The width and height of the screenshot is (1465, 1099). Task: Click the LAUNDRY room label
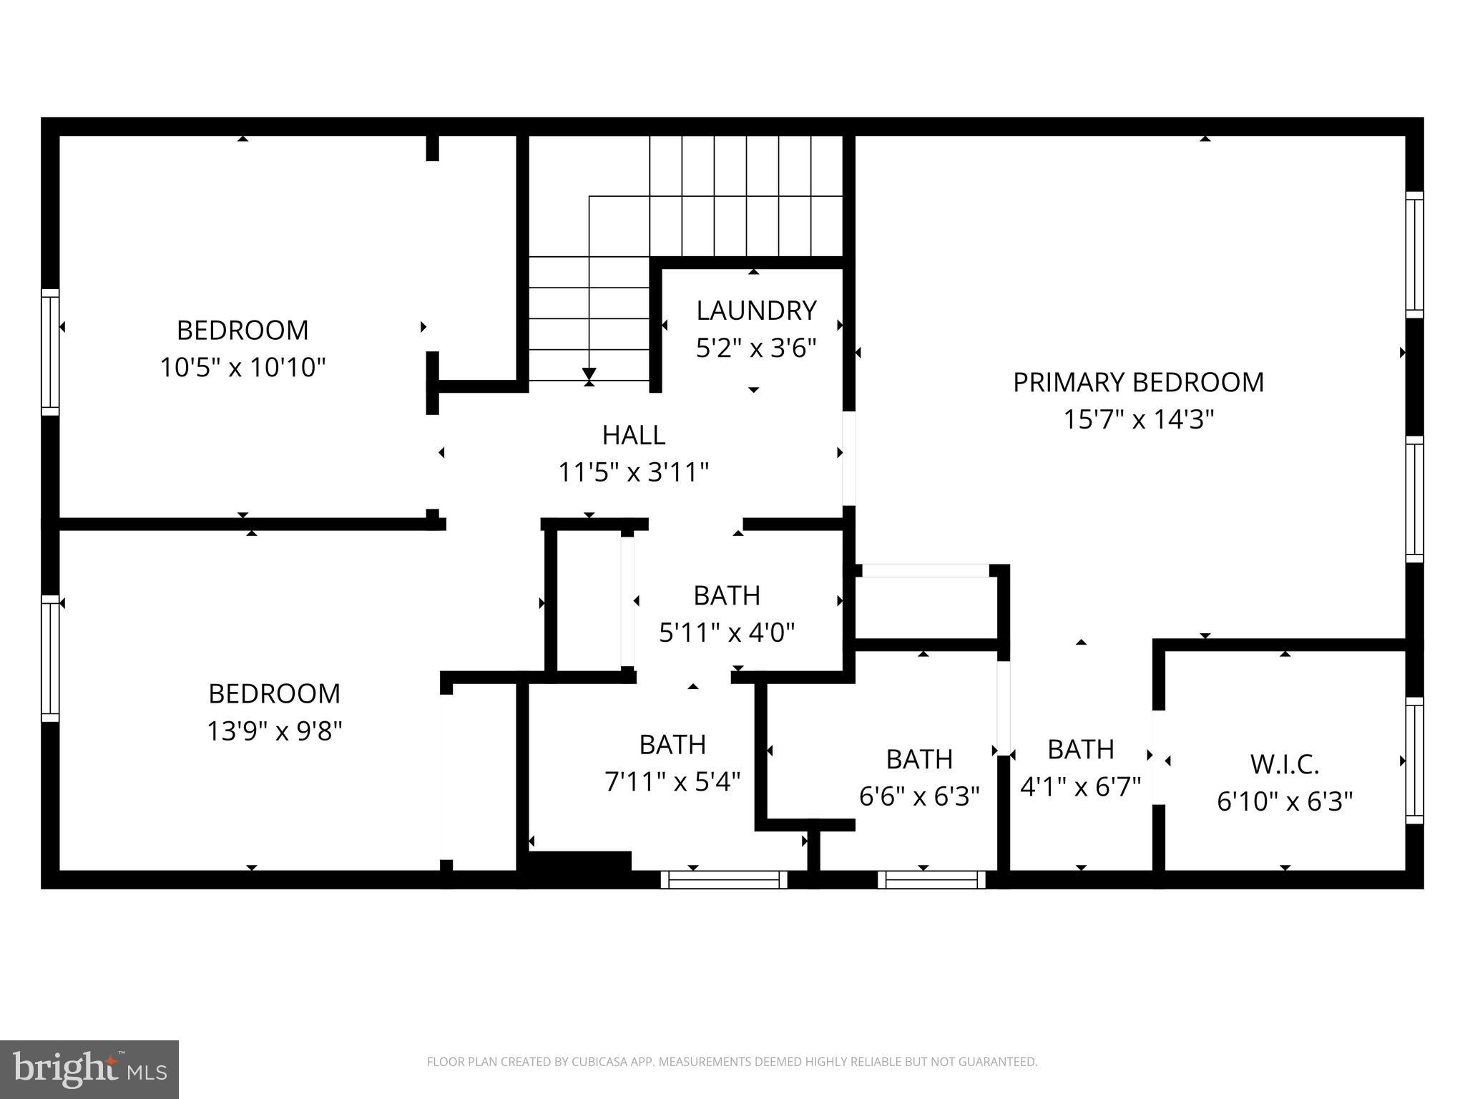click(756, 311)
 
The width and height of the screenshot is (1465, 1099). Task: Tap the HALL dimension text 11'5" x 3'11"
click(633, 472)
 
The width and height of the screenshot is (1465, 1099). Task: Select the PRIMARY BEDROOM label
click(1138, 382)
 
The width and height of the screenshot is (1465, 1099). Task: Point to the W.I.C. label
click(1285, 764)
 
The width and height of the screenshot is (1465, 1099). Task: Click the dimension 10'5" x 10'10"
click(242, 368)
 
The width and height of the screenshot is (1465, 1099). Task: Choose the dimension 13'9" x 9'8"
click(275, 731)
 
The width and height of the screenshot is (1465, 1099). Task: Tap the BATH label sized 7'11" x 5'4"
click(672, 745)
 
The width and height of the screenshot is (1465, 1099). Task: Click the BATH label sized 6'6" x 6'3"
click(919, 759)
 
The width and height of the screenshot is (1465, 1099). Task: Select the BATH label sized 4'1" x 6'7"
click(1080, 749)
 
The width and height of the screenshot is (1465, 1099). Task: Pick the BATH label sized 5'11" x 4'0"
click(727, 595)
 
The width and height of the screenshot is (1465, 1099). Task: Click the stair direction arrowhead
click(589, 373)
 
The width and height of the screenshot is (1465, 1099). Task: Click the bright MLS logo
click(89, 1069)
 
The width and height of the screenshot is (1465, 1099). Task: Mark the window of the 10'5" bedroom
click(50, 352)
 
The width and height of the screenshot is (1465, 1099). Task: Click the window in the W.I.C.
click(1414, 761)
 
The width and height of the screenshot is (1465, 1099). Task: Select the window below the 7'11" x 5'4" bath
click(723, 879)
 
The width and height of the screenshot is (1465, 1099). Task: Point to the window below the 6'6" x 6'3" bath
click(931, 879)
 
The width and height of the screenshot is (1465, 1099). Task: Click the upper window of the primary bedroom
click(1414, 254)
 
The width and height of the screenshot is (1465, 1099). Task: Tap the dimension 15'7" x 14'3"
click(1138, 419)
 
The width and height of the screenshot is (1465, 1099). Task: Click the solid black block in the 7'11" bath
click(579, 861)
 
